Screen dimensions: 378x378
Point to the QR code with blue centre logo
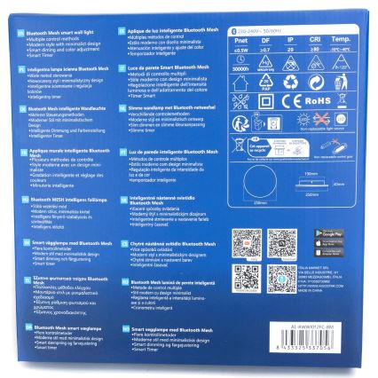(x=282, y=245)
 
